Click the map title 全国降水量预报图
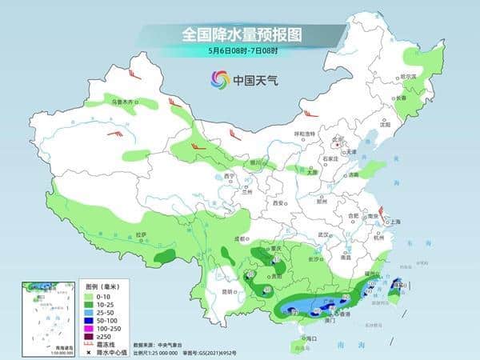(x=239, y=35)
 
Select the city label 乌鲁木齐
(x=123, y=102)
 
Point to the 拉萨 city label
(x=142, y=234)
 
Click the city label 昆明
(x=230, y=292)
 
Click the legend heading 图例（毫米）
(x=102, y=286)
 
